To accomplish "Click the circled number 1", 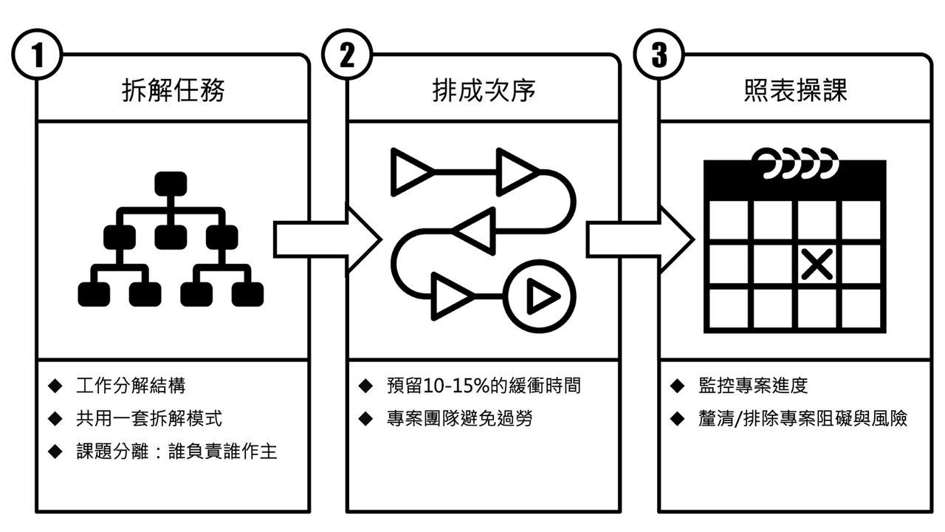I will (36, 56).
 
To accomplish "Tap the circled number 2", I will (348, 56).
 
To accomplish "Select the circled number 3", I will (659, 56).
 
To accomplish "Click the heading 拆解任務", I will (173, 91).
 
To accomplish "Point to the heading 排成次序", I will (484, 91).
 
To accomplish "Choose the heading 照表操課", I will (795, 91).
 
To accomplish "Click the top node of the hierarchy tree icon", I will (171, 183).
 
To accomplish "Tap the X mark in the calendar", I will (817, 264).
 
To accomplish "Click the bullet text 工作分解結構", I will (131, 386).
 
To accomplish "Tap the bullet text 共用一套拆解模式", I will (148, 418).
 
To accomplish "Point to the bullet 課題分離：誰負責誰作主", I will (176, 451).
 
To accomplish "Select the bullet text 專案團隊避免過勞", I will (459, 418).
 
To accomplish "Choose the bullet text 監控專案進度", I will (753, 386).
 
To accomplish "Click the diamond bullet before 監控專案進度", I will (678, 386).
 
